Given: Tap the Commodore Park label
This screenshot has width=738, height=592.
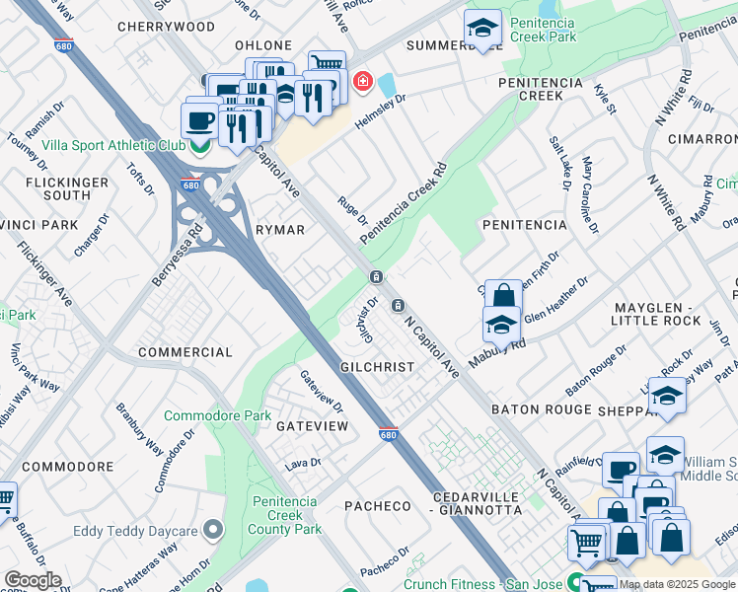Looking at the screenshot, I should click(217, 415).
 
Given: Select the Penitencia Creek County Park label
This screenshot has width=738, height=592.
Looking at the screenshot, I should click(285, 515).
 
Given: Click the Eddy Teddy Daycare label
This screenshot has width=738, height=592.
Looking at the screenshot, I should click(139, 531).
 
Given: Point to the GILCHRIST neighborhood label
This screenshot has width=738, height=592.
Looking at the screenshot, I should click(377, 366).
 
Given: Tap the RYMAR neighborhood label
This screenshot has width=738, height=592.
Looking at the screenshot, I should click(279, 229).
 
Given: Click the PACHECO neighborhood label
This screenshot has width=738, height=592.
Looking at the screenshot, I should click(377, 505).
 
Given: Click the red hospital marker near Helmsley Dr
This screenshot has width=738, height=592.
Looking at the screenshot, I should click(363, 80).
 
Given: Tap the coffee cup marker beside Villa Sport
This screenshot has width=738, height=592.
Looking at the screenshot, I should click(200, 121).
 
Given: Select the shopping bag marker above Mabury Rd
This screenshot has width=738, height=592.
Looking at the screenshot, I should click(503, 295).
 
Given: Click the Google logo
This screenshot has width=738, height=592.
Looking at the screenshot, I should click(33, 580).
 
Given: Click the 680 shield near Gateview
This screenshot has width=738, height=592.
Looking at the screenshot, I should click(389, 433).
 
